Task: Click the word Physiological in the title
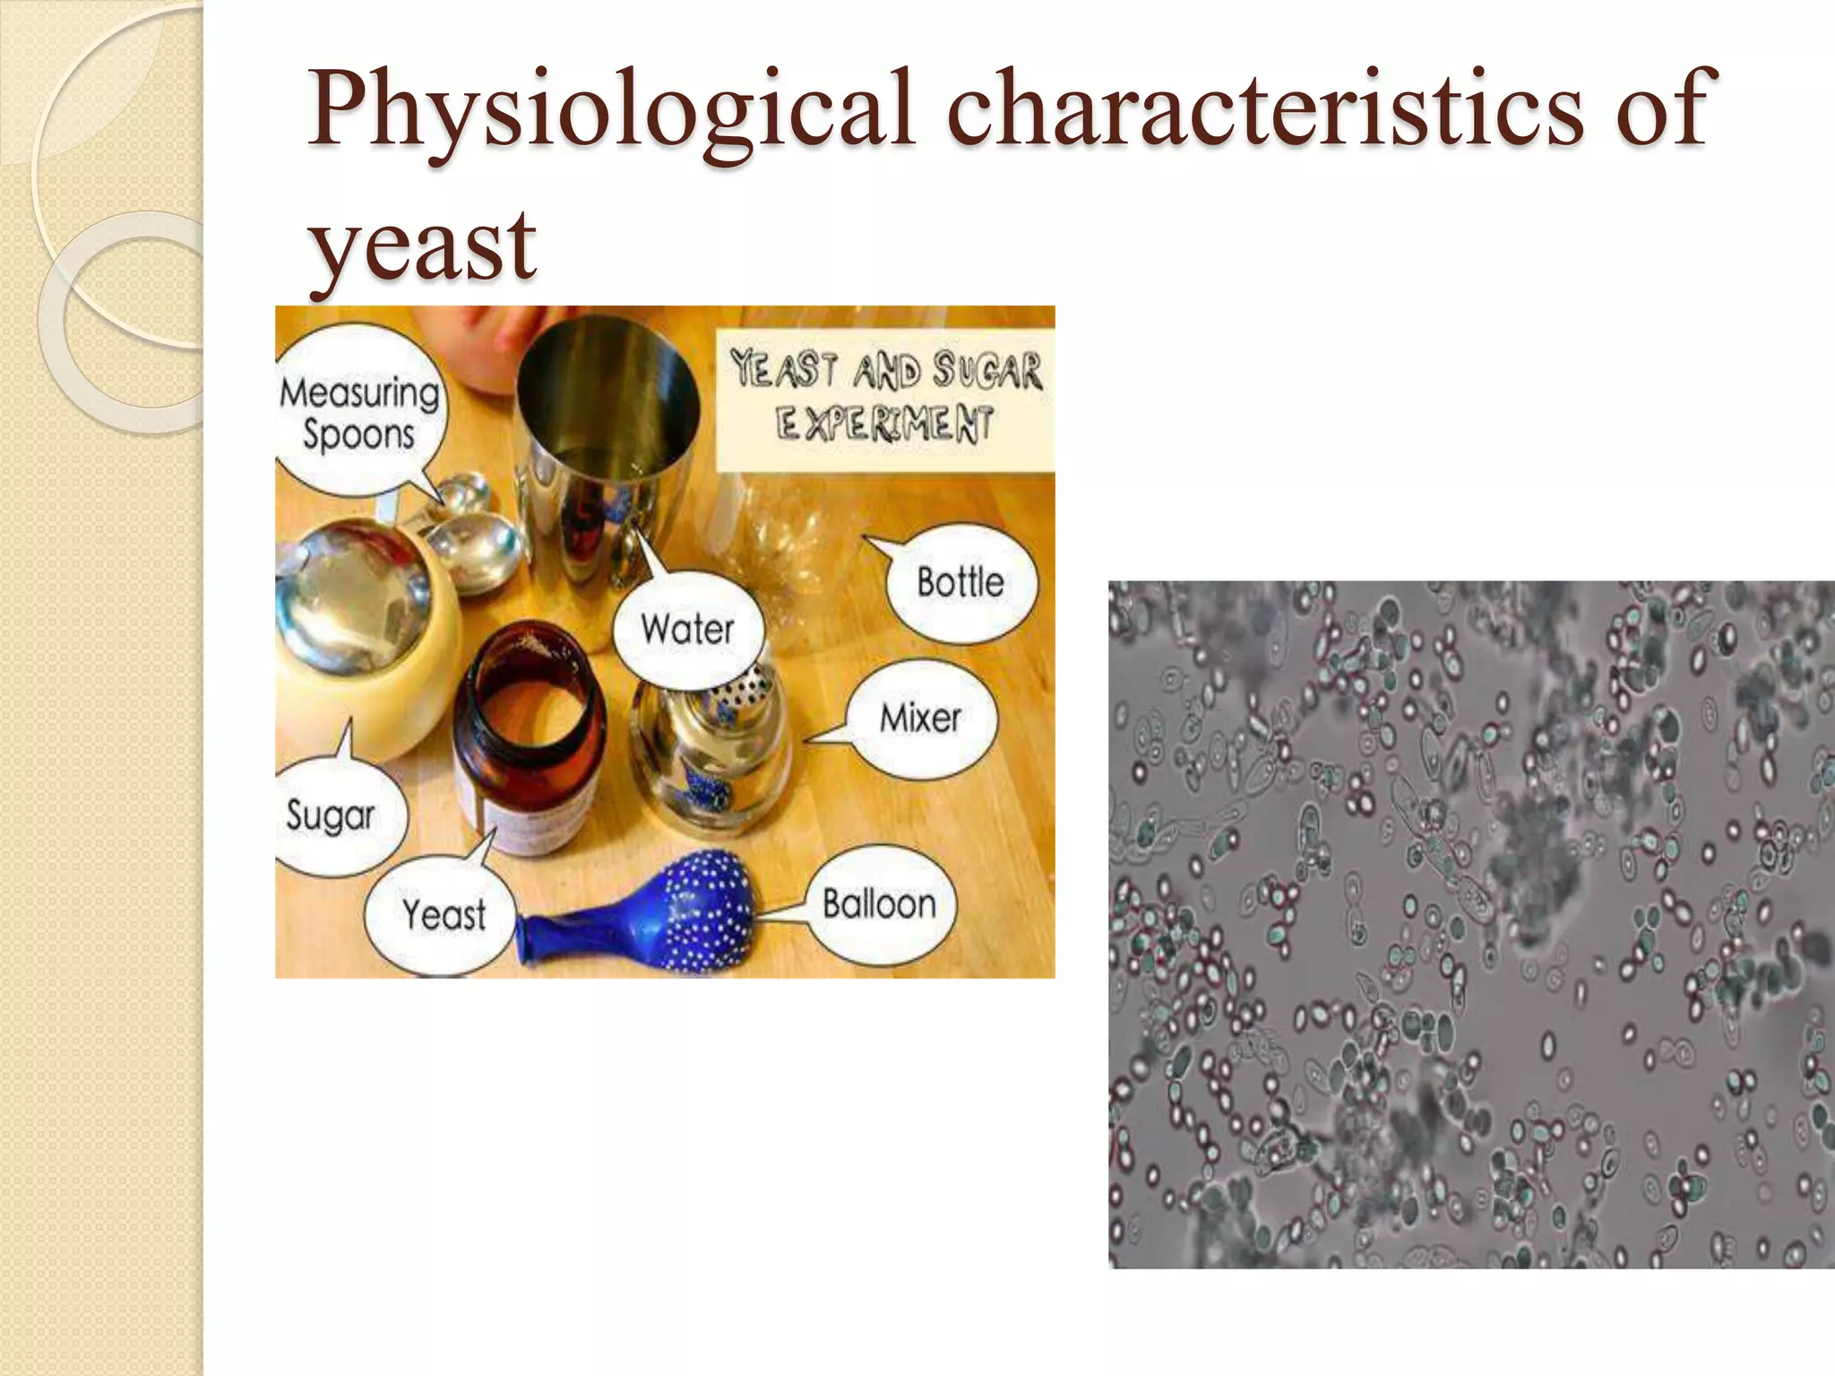click(610, 112)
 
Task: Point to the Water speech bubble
click(687, 629)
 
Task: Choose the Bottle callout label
click(960, 583)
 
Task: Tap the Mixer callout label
click(920, 718)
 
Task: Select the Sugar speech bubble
click(330, 815)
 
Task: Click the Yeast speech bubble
click(444, 915)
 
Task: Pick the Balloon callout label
click(879, 904)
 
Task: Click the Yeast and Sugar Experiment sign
click(885, 397)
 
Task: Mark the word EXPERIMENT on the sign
click(885, 424)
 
